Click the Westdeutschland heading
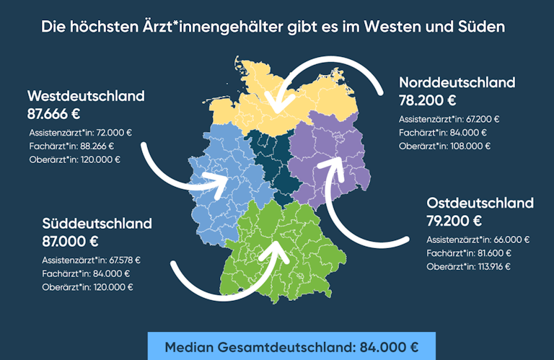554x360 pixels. point(86,95)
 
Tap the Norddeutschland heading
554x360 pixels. point(457,82)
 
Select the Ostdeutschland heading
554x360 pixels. point(480,202)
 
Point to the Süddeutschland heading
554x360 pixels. point(97,223)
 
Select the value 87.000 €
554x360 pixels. point(70,242)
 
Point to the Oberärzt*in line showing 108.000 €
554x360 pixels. point(444,146)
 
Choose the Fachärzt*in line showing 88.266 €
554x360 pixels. point(71,146)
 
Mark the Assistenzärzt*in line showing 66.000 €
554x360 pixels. point(478,240)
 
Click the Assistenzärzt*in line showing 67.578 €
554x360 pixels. point(91,260)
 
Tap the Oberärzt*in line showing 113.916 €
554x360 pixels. point(468,266)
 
